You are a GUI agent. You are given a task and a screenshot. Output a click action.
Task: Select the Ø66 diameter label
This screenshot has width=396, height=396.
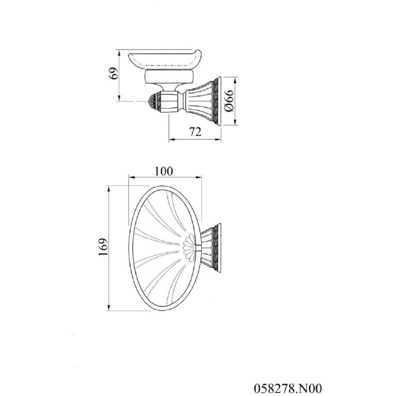(x=229, y=101)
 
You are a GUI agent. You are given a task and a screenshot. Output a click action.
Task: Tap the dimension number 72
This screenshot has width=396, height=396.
(x=195, y=132)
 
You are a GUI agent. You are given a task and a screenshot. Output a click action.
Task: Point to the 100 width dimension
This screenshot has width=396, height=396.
(x=164, y=171)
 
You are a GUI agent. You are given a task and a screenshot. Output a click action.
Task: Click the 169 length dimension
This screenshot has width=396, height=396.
(x=103, y=247)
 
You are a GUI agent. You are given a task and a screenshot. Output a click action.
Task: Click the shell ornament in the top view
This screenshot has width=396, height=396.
(x=189, y=246)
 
